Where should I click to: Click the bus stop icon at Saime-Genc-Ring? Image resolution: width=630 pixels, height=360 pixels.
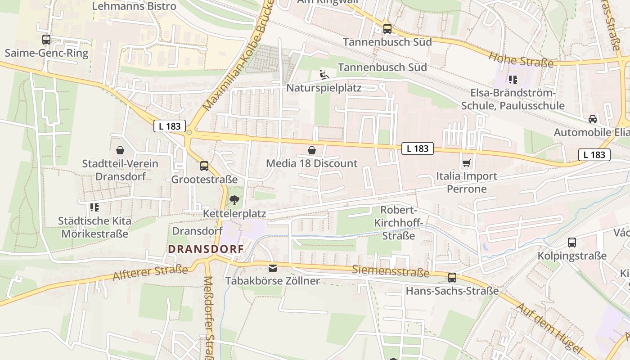[x=46, y=40]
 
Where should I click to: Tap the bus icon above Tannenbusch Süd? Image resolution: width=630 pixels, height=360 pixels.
[x=387, y=29]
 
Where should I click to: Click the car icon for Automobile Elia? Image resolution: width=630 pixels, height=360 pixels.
[x=592, y=119]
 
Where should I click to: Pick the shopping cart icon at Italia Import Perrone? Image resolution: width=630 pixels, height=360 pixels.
[x=467, y=162]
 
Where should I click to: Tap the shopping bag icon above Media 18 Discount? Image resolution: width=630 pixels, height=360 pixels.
[x=311, y=150]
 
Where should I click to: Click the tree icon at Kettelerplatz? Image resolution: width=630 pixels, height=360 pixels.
[x=234, y=200]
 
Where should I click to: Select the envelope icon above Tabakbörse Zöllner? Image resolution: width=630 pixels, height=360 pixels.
[x=272, y=268]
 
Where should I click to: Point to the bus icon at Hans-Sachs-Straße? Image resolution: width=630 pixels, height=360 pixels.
[x=452, y=278]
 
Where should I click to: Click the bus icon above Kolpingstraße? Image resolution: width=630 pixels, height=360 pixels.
[x=571, y=243]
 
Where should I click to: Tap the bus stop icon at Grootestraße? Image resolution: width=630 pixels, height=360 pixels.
[x=204, y=166]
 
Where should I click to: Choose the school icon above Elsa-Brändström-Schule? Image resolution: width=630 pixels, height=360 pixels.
[x=512, y=80]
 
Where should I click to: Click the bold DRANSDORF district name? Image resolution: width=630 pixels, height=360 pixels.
[x=206, y=249]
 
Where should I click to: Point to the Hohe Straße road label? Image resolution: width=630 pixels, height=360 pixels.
[x=521, y=59]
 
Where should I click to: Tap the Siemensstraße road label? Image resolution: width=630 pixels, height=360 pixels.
[x=391, y=271]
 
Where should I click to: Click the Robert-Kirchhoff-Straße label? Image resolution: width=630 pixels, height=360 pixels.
[x=398, y=223]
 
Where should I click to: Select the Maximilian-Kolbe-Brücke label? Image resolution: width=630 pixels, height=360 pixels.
[x=238, y=56]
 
